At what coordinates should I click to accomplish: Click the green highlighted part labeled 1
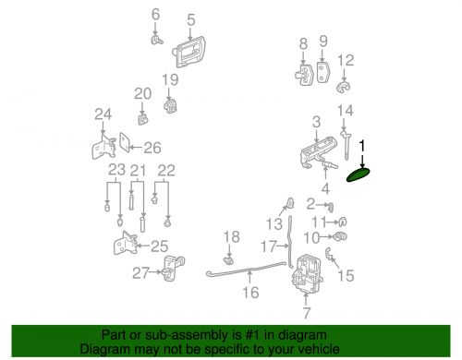358,174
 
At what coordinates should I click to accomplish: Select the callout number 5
191,19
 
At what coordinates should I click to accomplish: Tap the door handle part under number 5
189,52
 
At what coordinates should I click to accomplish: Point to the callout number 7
307,313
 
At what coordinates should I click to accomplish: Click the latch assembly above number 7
307,274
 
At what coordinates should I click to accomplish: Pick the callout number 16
250,293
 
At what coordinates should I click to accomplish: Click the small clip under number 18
228,261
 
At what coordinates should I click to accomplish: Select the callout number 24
103,114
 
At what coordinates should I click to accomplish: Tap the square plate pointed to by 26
125,142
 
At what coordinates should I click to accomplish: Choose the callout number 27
140,273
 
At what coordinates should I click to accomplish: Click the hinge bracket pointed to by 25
125,244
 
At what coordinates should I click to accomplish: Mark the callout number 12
346,60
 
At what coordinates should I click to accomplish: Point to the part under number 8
304,75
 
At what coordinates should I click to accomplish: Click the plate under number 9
322,72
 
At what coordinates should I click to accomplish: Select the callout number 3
316,122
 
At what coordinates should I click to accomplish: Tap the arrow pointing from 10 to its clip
326,237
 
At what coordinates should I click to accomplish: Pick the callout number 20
142,94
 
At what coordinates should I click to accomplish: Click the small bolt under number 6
157,40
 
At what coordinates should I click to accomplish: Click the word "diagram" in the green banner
303,335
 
